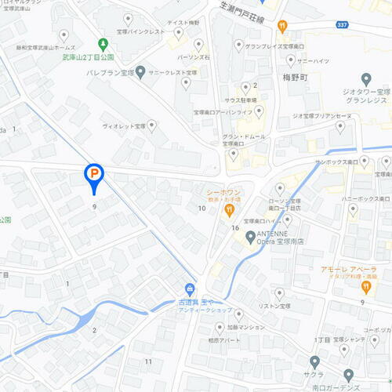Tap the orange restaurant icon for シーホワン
point(229,209)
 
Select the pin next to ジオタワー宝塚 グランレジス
point(366,79)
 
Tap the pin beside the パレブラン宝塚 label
point(140,73)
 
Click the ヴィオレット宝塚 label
point(124,125)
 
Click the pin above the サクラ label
point(315,362)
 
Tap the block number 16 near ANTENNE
point(234,227)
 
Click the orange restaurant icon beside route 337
point(281,26)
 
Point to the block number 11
point(148,361)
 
